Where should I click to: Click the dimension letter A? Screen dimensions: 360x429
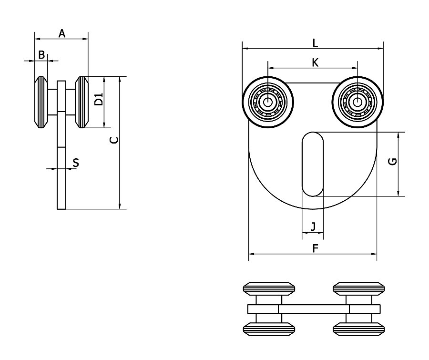tap(61, 33)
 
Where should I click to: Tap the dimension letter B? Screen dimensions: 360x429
tap(41, 55)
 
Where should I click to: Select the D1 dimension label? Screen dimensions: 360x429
tap(99, 100)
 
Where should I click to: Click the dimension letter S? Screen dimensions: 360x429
tap(75, 163)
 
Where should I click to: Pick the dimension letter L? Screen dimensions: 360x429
tap(315, 42)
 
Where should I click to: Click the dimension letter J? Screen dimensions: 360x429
tap(313, 226)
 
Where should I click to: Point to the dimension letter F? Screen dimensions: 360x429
tap(315, 248)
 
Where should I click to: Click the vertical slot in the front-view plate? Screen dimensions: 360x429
tap(313, 164)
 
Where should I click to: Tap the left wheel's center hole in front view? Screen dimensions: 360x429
tap(268, 102)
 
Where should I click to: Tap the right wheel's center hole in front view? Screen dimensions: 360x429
tap(357, 102)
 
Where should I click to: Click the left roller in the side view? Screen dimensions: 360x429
tap(41, 103)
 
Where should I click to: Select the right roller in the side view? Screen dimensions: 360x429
tap(82, 103)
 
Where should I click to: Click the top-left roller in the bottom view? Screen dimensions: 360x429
tap(269, 289)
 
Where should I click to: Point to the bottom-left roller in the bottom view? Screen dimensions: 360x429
tap(269, 329)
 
